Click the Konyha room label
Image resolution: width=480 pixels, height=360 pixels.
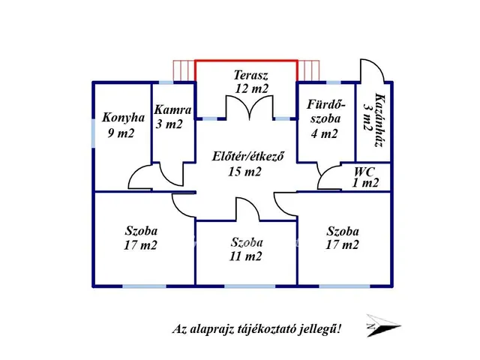(x=123, y=118)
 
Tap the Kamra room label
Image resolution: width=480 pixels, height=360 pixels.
(x=172, y=109)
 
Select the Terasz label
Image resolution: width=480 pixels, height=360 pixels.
(x=251, y=75)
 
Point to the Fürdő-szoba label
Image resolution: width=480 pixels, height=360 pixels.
(x=325, y=112)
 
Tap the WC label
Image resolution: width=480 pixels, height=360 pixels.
(x=364, y=172)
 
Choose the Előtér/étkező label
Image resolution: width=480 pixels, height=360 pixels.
(x=248, y=157)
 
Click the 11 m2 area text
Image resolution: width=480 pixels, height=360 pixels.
(x=246, y=256)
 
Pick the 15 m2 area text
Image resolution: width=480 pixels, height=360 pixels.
(x=244, y=172)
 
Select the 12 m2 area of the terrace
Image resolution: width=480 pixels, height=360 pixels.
(x=252, y=88)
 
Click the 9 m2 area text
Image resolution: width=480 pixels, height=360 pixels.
(x=121, y=133)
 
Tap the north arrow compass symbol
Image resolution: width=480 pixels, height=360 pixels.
(x=383, y=325)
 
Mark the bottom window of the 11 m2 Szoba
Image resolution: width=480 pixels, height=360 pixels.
(x=250, y=286)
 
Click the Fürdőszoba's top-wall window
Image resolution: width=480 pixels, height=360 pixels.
(x=333, y=82)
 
